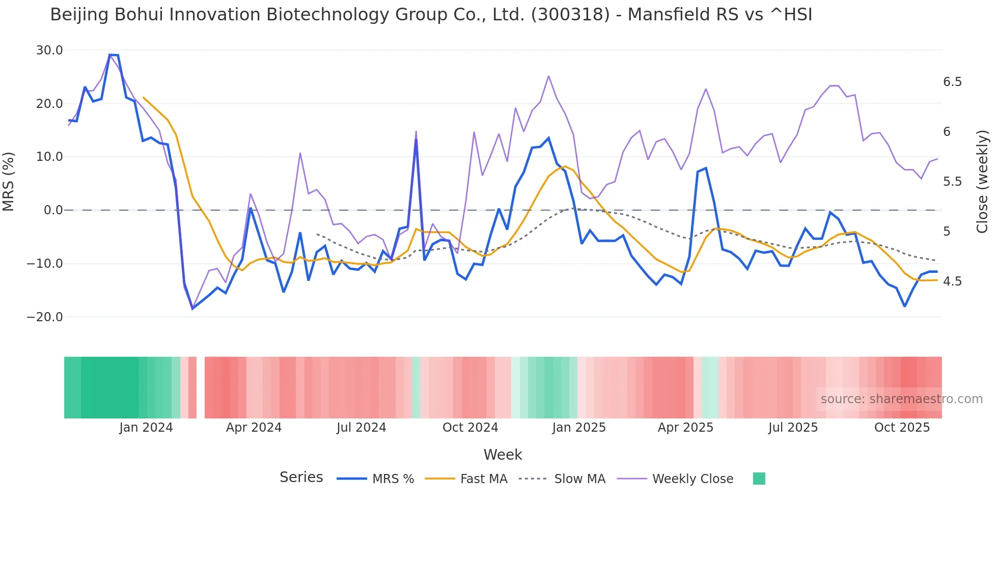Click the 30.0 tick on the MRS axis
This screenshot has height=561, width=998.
tap(49, 50)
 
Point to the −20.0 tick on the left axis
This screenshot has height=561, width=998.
tap(45, 317)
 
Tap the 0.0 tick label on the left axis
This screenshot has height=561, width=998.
tap(53, 210)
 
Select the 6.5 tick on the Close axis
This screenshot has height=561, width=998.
tap(952, 82)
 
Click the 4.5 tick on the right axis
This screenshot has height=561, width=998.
tap(952, 282)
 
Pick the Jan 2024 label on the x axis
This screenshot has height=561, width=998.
tap(146, 428)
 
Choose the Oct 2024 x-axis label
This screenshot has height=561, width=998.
tap(470, 428)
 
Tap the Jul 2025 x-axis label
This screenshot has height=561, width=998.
tap(793, 428)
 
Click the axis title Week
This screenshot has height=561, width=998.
tap(503, 455)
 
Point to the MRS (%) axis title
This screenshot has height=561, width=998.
tap(9, 182)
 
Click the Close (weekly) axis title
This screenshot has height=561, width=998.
tap(982, 182)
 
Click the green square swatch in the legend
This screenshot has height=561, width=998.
tap(759, 479)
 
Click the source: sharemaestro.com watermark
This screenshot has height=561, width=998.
tap(901, 399)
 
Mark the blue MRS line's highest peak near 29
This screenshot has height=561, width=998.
tap(110, 55)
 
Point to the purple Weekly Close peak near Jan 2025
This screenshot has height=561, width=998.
tap(548, 76)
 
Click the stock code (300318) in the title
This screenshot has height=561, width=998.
tap(570, 15)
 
